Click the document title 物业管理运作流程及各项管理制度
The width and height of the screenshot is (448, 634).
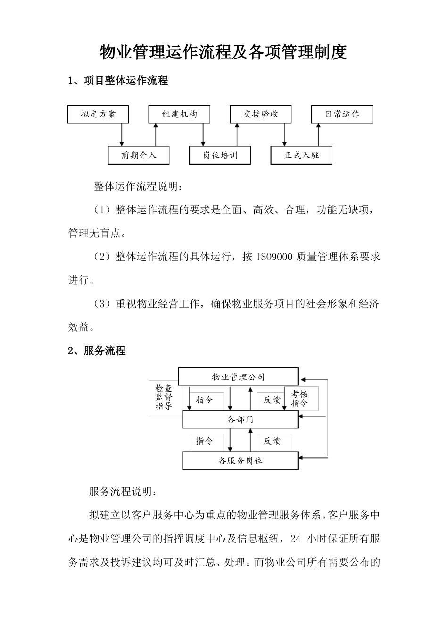[x=223, y=52]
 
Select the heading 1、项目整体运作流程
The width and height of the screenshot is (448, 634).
[x=118, y=81]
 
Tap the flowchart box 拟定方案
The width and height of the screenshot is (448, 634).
[x=98, y=114]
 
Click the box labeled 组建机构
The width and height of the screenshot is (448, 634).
[x=179, y=114]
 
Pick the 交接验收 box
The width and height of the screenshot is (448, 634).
[x=261, y=114]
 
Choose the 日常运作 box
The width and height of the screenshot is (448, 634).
[x=342, y=114]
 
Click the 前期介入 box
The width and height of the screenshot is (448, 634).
[x=139, y=155]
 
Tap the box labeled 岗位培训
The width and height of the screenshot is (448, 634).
[x=220, y=155]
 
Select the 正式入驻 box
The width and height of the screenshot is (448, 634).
[x=301, y=155]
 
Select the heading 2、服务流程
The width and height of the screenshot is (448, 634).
[x=97, y=351]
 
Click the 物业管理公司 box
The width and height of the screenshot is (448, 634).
[x=238, y=377]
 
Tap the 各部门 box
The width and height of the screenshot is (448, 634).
[x=240, y=419]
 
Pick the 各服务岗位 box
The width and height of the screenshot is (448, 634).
[x=240, y=461]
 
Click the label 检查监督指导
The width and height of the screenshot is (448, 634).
[x=164, y=397]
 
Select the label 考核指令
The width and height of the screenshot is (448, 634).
[x=299, y=399]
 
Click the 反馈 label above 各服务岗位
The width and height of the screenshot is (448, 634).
[x=272, y=441]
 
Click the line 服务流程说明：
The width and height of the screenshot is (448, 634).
[x=125, y=492]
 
